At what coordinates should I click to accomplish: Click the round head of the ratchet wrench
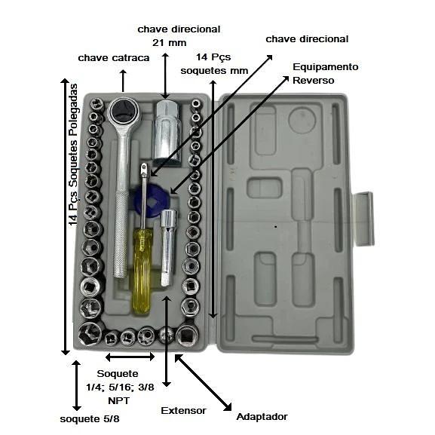[x=124, y=112]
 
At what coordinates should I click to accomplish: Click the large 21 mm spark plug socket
[x=167, y=133]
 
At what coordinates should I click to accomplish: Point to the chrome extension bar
[x=168, y=247]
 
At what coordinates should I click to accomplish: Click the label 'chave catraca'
[x=114, y=58]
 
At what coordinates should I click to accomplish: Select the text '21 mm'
[x=169, y=43]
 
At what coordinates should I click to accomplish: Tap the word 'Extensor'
[x=183, y=411]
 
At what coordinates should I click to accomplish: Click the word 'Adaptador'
[x=262, y=417]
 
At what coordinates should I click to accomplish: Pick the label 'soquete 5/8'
[x=90, y=419]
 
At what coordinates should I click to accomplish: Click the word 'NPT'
[x=118, y=401]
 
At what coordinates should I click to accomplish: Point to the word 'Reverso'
[x=313, y=81]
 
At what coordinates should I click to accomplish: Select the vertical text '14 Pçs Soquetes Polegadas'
[x=74, y=155]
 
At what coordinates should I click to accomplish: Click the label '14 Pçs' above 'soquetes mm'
[x=213, y=57]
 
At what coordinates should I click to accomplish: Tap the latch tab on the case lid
[x=363, y=219]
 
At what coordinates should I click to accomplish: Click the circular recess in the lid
[x=302, y=120]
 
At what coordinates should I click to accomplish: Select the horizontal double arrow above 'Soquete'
[x=130, y=357]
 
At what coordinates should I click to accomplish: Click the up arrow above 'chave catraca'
[x=123, y=81]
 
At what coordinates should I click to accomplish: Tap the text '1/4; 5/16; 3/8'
[x=120, y=388]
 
